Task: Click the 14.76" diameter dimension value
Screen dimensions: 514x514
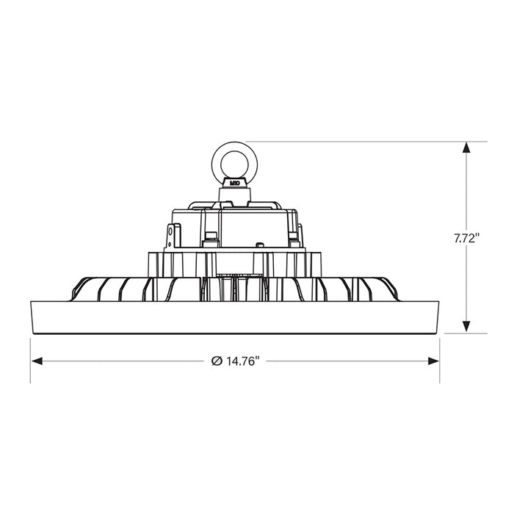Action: [242, 361]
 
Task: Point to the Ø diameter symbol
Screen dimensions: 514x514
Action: [217, 361]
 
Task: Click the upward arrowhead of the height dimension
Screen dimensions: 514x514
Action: [466, 148]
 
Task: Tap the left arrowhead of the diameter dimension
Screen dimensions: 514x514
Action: [36, 361]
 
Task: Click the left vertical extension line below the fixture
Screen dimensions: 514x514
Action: [30, 360]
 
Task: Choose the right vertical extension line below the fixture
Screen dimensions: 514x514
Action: [440, 360]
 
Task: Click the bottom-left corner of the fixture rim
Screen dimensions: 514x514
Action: [35, 332]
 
